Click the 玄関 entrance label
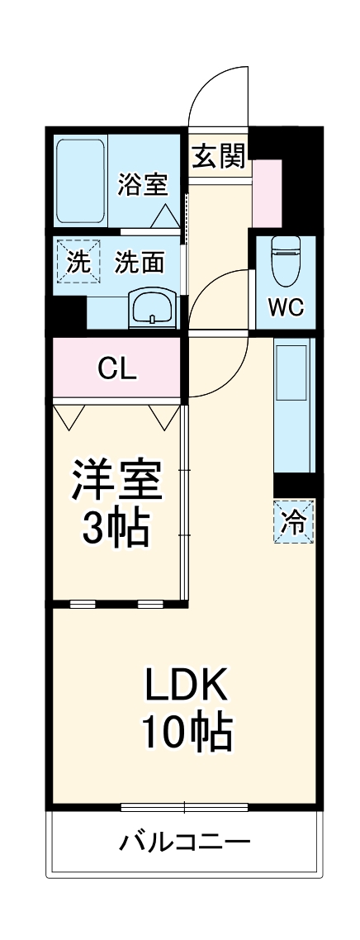(x=219, y=155)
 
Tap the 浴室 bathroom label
(x=143, y=184)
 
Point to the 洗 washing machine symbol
(x=76, y=263)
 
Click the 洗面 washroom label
(x=139, y=263)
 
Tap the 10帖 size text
(x=186, y=731)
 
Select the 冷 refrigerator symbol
(x=293, y=521)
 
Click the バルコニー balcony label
(x=185, y=843)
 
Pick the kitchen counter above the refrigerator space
(x=293, y=406)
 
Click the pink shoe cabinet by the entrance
(x=267, y=192)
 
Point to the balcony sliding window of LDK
(x=184, y=807)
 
